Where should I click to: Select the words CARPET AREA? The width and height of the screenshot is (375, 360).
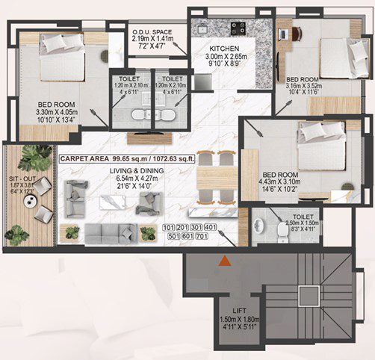click(82, 158)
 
